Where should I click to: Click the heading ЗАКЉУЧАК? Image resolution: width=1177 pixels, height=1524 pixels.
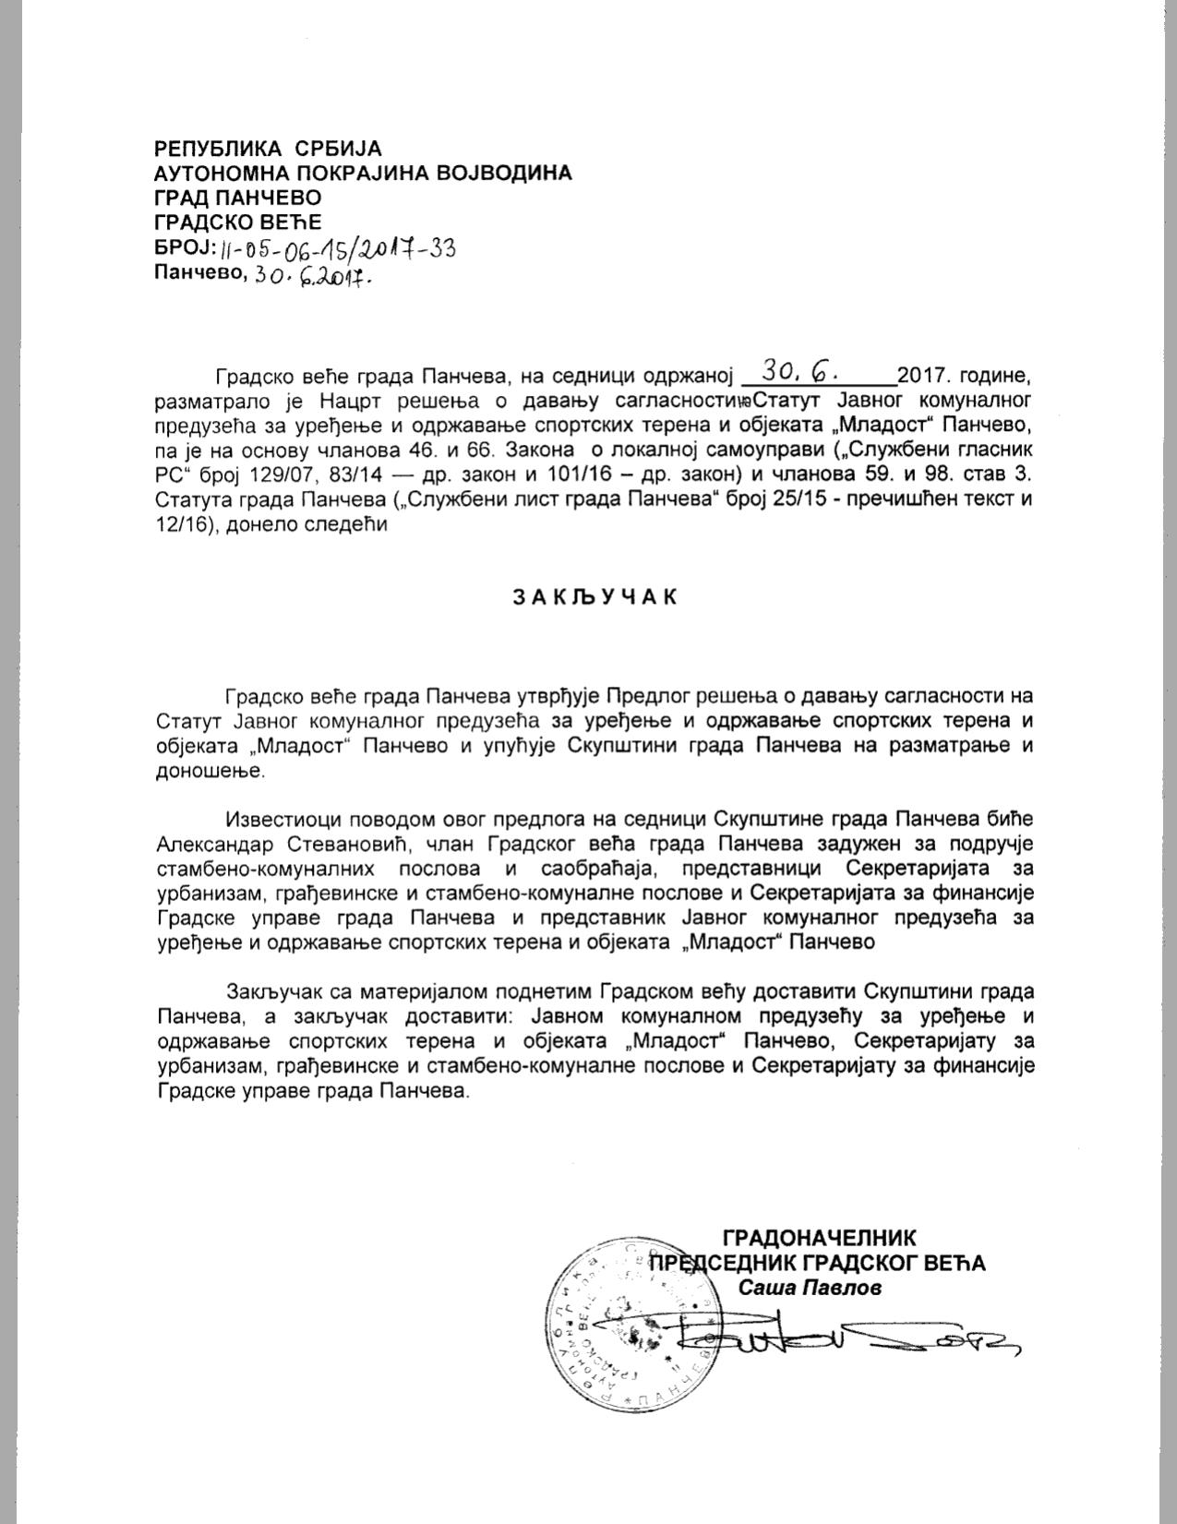pos(595,596)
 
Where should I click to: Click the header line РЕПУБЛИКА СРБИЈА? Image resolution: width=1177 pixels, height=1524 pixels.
pos(268,148)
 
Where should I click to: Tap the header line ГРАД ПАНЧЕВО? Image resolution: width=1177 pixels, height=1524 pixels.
pos(238,198)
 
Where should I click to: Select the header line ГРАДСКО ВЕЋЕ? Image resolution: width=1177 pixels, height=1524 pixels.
pos(238,222)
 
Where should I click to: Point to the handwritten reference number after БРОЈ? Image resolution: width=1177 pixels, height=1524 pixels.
pos(339,248)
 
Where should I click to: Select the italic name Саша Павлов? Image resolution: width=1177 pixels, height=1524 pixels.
pos(810,1287)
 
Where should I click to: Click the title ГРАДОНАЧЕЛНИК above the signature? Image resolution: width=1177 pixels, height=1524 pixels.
pos(820,1238)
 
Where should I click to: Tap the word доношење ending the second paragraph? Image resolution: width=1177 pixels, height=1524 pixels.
pos(210,771)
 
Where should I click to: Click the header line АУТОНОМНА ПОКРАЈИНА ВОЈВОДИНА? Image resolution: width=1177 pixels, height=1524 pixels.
pos(363,173)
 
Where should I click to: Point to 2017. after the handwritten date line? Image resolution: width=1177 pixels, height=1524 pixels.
pos(925,377)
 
